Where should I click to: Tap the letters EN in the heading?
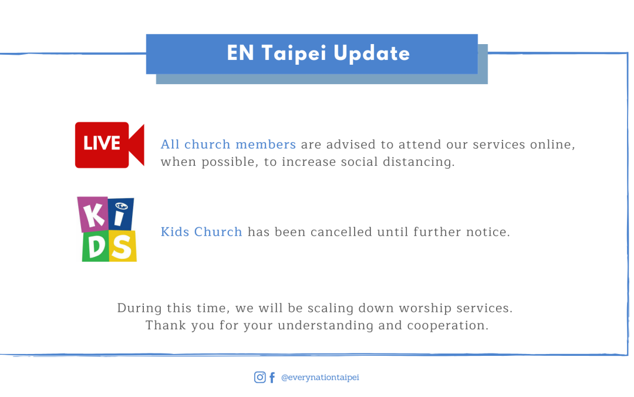(240, 53)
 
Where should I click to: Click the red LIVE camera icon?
(110, 145)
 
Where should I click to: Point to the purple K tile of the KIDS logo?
(93, 214)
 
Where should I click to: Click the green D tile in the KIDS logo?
(96, 246)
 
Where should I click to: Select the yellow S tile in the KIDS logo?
(123, 246)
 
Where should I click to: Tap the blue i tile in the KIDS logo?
(120, 214)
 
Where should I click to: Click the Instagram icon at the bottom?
(260, 377)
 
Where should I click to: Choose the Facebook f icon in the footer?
(272, 378)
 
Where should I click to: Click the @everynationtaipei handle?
(320, 378)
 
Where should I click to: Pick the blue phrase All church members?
(228, 145)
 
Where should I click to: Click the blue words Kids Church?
(201, 232)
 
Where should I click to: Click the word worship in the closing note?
(425, 308)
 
